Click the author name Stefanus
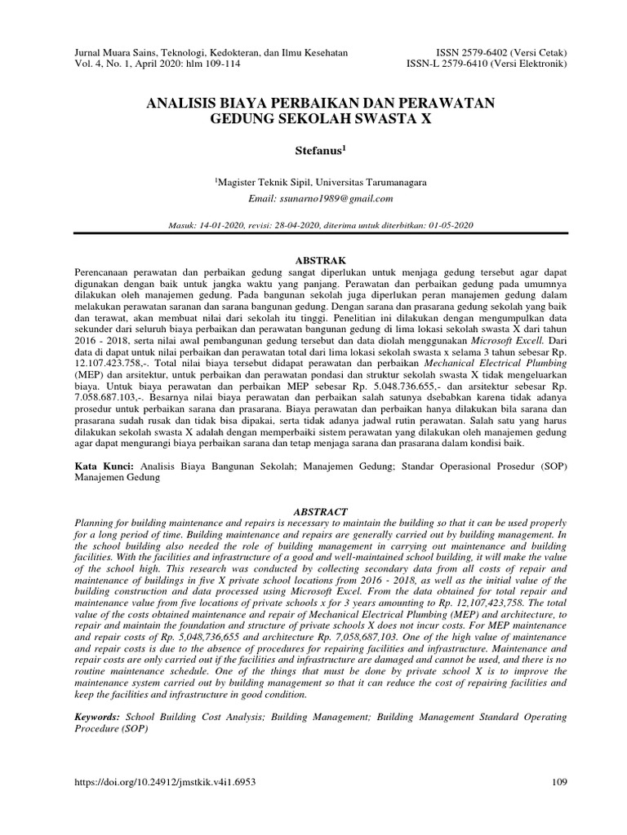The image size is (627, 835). (313, 152)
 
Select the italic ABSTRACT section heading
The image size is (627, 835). (313, 510)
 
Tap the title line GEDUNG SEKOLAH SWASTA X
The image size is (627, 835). (313, 119)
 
